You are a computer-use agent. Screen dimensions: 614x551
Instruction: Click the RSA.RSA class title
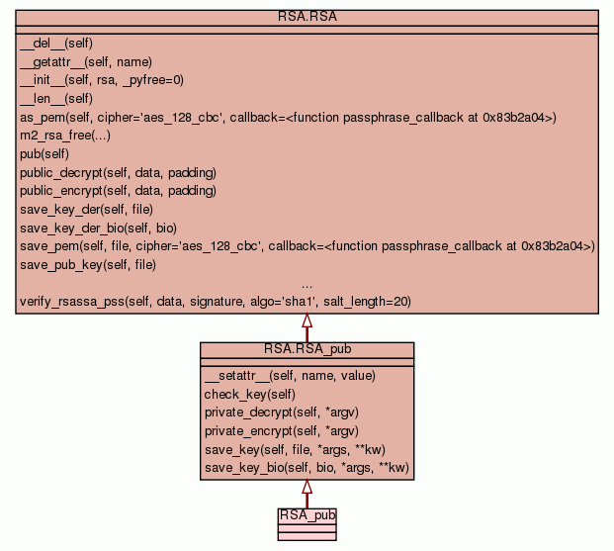point(307,17)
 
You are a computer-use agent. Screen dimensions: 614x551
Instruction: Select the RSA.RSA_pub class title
point(307,349)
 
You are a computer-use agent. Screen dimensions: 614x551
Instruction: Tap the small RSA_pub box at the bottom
point(307,524)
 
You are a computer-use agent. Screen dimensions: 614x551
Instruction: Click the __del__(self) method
point(56,44)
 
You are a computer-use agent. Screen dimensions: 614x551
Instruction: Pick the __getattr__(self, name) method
point(86,62)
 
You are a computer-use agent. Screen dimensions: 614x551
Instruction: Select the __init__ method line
point(102,80)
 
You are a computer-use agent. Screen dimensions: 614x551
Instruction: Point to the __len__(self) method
point(56,98)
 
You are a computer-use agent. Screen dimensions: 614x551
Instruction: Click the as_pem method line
point(288,117)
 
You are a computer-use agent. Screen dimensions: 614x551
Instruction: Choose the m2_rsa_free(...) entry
point(65,136)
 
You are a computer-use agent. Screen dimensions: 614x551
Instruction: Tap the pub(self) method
point(44,154)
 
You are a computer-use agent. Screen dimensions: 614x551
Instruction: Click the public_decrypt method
point(119,173)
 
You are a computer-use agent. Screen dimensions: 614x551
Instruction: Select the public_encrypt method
point(119,191)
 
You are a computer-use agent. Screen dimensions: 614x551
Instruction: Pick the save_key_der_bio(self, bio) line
point(98,229)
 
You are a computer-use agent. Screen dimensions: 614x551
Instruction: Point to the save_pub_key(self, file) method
point(88,265)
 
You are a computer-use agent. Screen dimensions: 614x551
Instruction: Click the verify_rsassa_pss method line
point(216,302)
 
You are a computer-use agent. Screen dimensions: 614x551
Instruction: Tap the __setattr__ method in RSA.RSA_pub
point(290,376)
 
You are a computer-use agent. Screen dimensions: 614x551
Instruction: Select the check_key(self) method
point(250,395)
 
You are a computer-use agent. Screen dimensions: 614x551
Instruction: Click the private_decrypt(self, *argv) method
point(282,413)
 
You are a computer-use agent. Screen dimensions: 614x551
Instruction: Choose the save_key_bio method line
point(307,468)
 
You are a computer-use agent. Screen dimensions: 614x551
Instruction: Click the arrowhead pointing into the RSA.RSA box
point(307,320)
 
